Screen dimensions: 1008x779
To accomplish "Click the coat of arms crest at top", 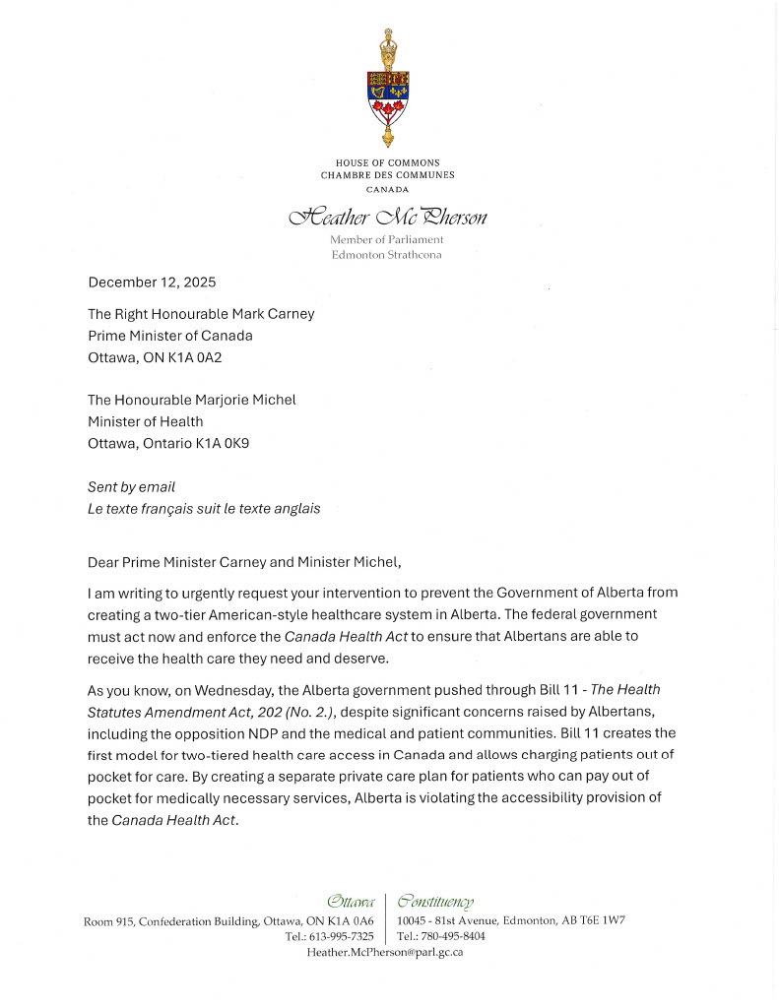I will pos(387,88).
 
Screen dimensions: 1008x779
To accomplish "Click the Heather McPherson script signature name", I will pos(387,216).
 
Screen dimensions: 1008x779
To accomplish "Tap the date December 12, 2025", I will pos(152,282).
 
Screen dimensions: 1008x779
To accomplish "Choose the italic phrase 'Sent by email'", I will pos(131,487).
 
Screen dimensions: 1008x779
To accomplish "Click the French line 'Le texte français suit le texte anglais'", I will pos(204,509).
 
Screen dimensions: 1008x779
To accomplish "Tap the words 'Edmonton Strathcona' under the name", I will pos(387,255).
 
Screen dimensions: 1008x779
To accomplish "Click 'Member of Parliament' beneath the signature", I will pos(387,239).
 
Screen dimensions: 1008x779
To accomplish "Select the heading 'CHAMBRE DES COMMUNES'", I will pos(387,175).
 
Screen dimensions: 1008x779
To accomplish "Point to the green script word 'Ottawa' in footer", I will pos(351,901).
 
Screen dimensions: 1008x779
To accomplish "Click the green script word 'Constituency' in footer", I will pos(435,901).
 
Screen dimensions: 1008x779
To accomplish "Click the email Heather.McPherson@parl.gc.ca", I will pos(385,952).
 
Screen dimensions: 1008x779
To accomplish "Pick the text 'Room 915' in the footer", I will pos(106,920).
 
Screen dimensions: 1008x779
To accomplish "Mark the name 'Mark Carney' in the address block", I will pos(275,314).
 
